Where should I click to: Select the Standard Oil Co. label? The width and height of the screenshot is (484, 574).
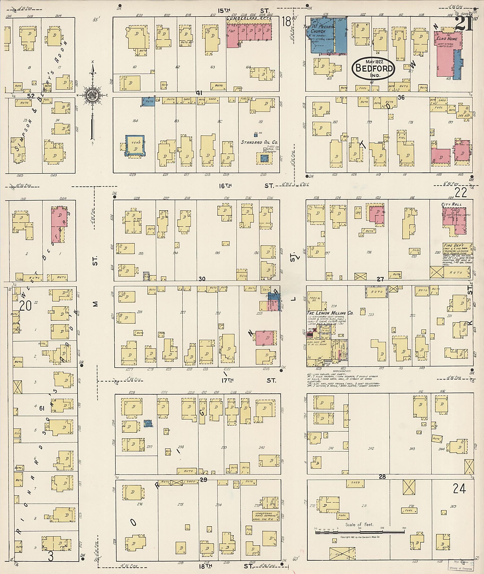pos(259,142)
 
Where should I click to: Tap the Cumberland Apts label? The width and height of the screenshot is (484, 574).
pos(249,18)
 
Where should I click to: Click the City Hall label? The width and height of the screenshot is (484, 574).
pos(451,204)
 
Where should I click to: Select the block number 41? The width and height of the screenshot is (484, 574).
pos(199,93)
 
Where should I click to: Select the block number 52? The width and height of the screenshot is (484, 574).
pos(31,96)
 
